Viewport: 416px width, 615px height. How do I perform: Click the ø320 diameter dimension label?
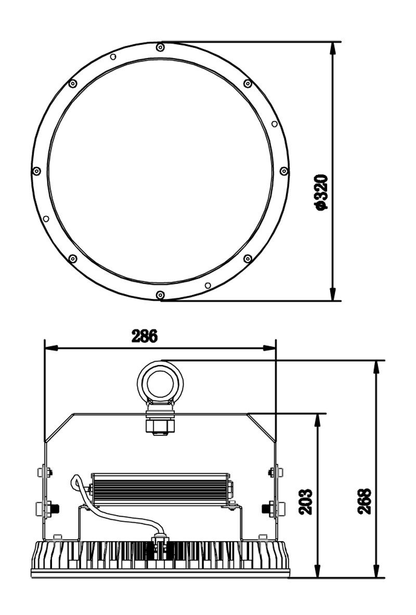(x=321, y=193)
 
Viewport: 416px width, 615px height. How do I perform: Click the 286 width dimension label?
(x=144, y=336)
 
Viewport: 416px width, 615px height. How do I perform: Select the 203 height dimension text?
(x=305, y=501)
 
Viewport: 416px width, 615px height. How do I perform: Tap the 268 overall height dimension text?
(x=364, y=501)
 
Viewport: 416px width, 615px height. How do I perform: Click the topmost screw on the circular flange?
(x=160, y=47)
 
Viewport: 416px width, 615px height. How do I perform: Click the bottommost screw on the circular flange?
(x=160, y=295)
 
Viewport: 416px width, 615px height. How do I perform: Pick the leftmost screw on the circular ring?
(x=36, y=171)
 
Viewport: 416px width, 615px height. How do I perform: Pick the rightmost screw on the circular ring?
(x=284, y=171)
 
